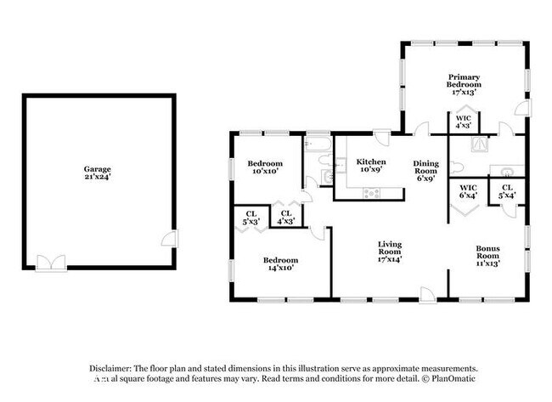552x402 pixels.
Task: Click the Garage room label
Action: (x=97, y=173)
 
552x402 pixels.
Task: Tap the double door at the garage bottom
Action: (x=51, y=263)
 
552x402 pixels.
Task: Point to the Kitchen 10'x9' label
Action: (x=371, y=165)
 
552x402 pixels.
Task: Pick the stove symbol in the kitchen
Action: (x=371, y=193)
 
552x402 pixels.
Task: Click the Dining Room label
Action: (x=425, y=170)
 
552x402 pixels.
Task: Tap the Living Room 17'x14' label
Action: (x=389, y=250)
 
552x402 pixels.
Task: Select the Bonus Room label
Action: (x=487, y=254)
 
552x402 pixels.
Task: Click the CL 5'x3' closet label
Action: (x=251, y=217)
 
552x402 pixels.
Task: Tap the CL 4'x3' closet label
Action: (x=286, y=217)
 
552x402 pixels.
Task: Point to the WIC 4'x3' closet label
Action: (x=463, y=122)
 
